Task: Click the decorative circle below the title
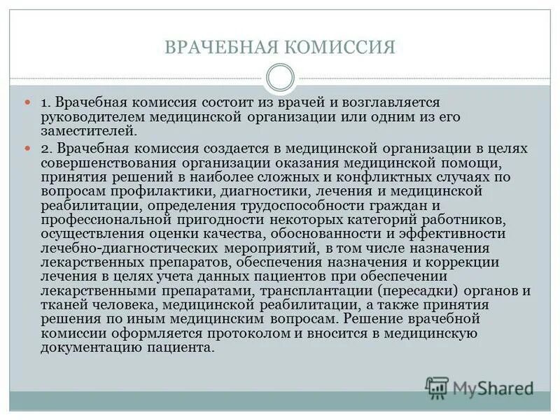coord(280,77)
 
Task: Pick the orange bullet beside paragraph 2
coord(29,148)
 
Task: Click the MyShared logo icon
coord(437,386)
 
